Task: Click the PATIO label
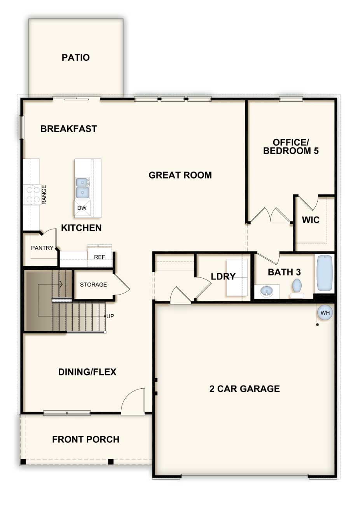pyautogui.click(x=75, y=57)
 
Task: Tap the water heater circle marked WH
pyautogui.click(x=325, y=312)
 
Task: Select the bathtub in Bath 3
pyautogui.click(x=324, y=273)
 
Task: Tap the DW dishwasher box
pyautogui.click(x=82, y=208)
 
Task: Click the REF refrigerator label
pyautogui.click(x=100, y=257)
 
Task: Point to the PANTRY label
pyautogui.click(x=42, y=248)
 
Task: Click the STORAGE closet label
pyautogui.click(x=93, y=284)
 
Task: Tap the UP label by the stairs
pyautogui.click(x=110, y=316)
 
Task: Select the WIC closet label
pyautogui.click(x=311, y=220)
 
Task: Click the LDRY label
pyautogui.click(x=223, y=276)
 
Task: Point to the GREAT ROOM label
pyautogui.click(x=180, y=175)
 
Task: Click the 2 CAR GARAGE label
pyautogui.click(x=245, y=389)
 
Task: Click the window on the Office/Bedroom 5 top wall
pyautogui.click(x=291, y=99)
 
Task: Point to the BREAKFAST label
pyautogui.click(x=69, y=129)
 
